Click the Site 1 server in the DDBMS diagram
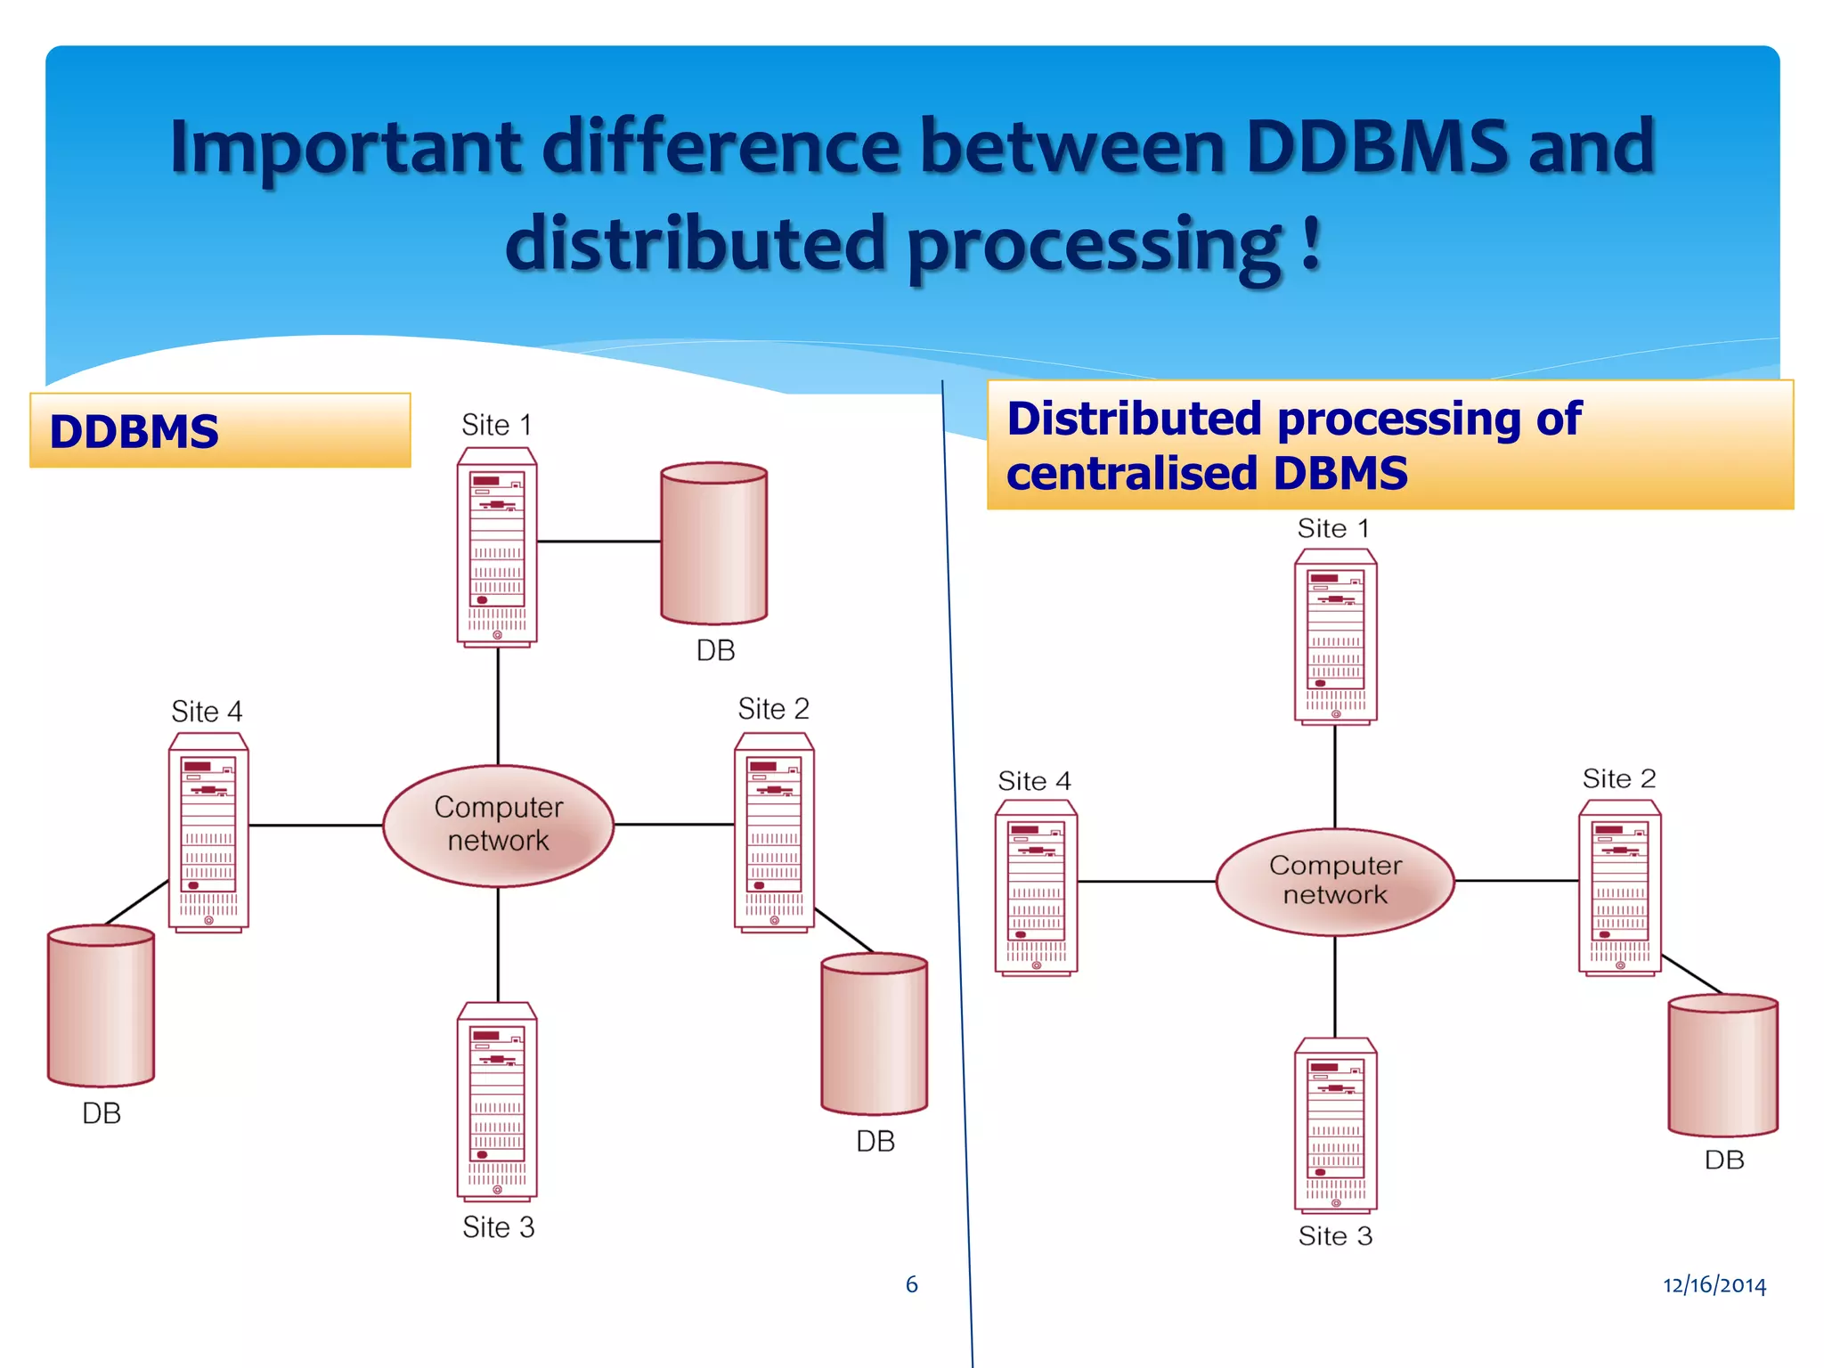click(497, 547)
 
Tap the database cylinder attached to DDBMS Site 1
click(713, 542)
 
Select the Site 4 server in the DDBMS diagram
click(208, 833)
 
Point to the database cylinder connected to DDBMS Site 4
click(101, 1006)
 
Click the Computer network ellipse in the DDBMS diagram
click(498, 825)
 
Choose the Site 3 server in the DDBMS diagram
click(497, 1102)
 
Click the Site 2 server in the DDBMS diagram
click(774, 833)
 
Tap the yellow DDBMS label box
click(220, 431)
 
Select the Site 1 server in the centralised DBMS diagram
click(1335, 637)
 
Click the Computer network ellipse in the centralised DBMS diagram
click(1335, 881)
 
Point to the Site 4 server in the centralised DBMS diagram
click(1036, 888)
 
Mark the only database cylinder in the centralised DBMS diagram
click(1722, 1065)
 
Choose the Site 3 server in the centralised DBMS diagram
click(1335, 1126)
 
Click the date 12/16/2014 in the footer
click(1714, 1284)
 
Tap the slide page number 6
click(911, 1284)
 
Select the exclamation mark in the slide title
click(1309, 242)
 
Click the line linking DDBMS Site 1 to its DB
click(598, 541)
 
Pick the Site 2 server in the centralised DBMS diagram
click(1619, 888)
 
